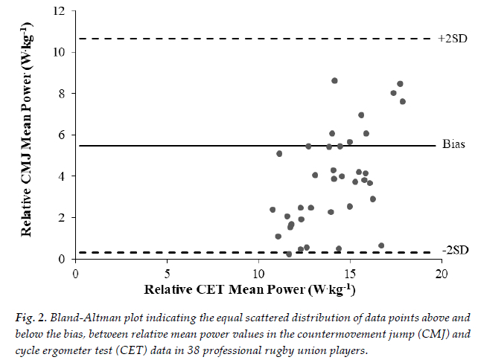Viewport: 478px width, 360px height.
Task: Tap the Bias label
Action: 453,144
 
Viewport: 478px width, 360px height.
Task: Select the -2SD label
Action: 454,249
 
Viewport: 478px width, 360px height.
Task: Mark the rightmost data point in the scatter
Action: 403,101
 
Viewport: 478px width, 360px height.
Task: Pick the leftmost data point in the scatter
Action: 273,210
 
